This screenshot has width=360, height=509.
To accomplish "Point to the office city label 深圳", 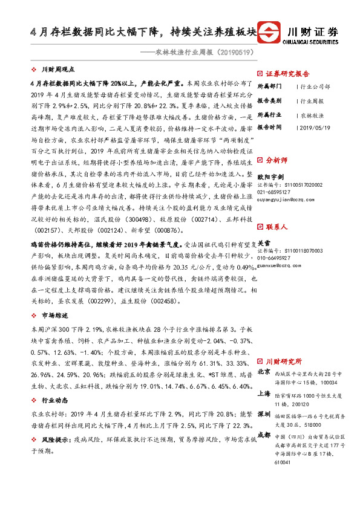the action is tap(264, 415).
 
